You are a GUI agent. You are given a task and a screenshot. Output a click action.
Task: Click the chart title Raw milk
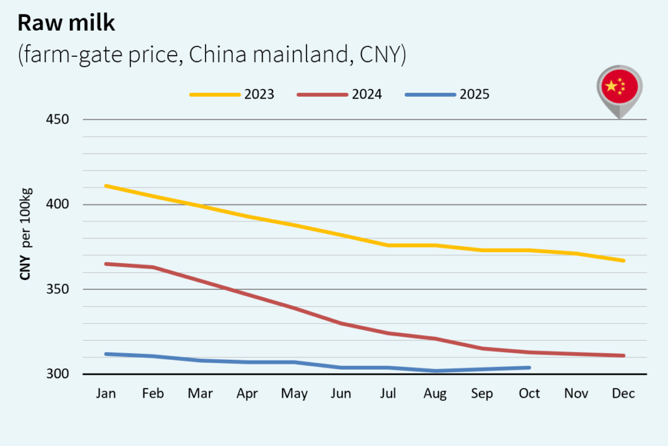[66, 23]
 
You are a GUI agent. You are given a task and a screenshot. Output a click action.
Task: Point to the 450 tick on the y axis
[59, 119]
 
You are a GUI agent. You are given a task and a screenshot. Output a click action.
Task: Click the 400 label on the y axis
[59, 204]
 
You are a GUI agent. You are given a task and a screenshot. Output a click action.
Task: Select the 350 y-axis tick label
[59, 289]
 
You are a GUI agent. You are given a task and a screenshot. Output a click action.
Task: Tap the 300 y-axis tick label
[59, 374]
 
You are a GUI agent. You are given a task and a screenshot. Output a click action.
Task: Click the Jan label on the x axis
[106, 394]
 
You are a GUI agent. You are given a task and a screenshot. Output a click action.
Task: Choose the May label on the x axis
[294, 394]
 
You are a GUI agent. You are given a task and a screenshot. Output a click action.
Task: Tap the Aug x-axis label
[435, 394]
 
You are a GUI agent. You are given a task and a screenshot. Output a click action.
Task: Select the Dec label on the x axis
[624, 394]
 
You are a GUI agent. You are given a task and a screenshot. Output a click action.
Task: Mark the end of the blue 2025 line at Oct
[529, 368]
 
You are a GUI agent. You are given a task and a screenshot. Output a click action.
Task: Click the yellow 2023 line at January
[106, 186]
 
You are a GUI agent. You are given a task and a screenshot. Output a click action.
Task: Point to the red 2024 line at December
[624, 355]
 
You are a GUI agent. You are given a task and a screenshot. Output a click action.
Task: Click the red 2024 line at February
[153, 267]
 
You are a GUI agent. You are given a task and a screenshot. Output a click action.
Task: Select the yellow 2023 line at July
[389, 246]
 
